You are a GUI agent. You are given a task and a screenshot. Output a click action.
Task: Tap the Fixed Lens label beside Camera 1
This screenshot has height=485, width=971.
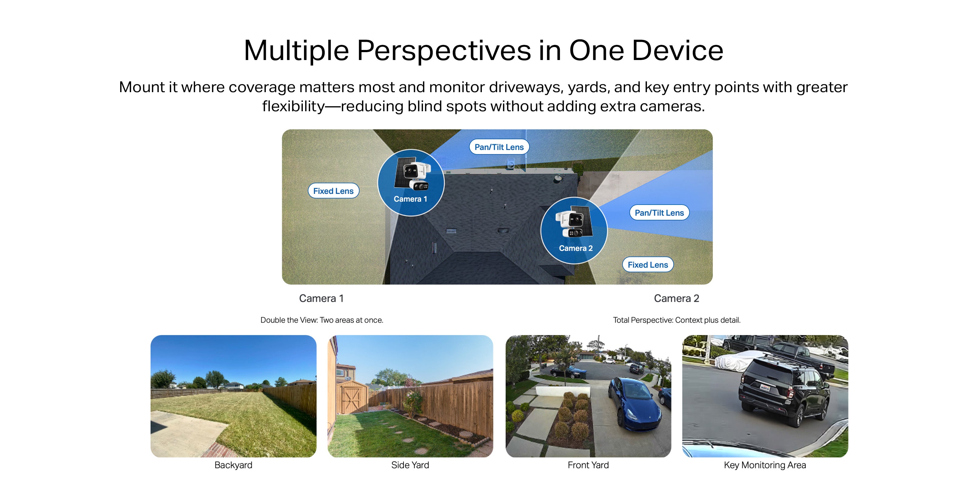pyautogui.click(x=333, y=191)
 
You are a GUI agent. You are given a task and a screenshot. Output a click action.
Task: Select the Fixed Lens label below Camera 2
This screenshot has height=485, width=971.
pyautogui.click(x=648, y=265)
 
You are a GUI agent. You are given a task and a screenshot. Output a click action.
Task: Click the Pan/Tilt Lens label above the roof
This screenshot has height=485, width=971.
pyautogui.click(x=499, y=147)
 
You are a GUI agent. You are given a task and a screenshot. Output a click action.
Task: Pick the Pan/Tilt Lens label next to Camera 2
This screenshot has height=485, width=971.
pyautogui.click(x=659, y=213)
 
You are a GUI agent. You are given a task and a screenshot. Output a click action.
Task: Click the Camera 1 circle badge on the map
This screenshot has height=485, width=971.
pyautogui.click(x=411, y=182)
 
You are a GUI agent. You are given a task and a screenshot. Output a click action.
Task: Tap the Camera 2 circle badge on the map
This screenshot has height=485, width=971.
pyautogui.click(x=574, y=230)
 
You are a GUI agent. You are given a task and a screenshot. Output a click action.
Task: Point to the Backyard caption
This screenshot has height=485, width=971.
pyautogui.click(x=233, y=465)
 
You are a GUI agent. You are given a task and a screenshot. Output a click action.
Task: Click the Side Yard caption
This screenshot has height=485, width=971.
pyautogui.click(x=410, y=465)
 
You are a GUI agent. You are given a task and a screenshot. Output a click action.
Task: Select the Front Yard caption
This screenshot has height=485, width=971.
pyautogui.click(x=588, y=465)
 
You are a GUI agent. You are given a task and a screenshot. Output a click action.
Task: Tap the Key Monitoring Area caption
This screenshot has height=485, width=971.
pyautogui.click(x=765, y=465)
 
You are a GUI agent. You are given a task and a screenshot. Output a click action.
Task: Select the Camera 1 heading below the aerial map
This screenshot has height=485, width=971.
pyautogui.click(x=321, y=299)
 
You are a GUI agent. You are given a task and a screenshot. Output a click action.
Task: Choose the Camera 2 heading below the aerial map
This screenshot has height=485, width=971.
pyautogui.click(x=677, y=299)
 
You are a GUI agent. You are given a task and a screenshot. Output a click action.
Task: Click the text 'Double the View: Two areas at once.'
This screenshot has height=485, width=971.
pyautogui.click(x=322, y=320)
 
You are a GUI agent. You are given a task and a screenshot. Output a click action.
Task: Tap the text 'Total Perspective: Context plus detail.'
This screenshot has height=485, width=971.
pyautogui.click(x=677, y=320)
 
